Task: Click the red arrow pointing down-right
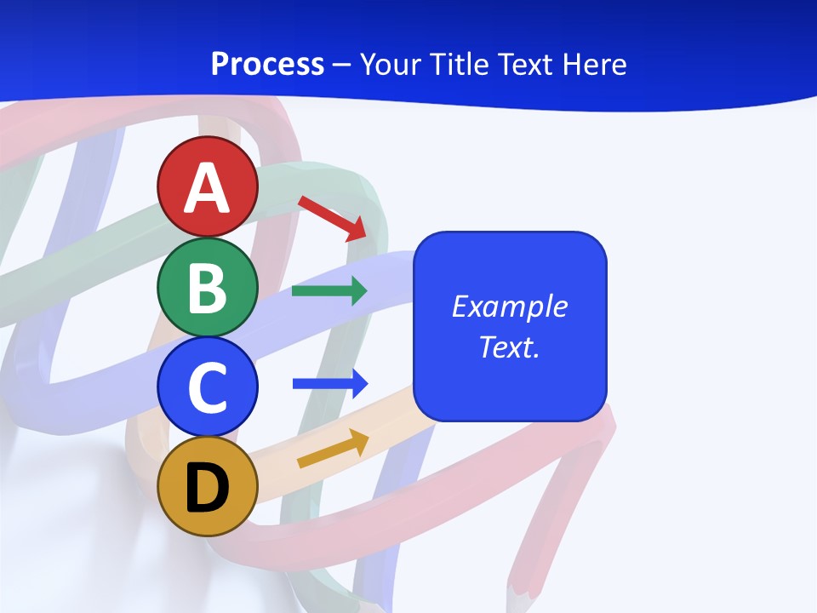point(333,217)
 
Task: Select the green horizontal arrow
point(329,291)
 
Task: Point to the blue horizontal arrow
point(330,383)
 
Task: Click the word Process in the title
point(267,65)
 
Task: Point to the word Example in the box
point(510,306)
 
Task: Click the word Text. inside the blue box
point(510,347)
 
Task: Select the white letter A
point(208,189)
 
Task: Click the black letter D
point(208,489)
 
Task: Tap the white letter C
point(208,388)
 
